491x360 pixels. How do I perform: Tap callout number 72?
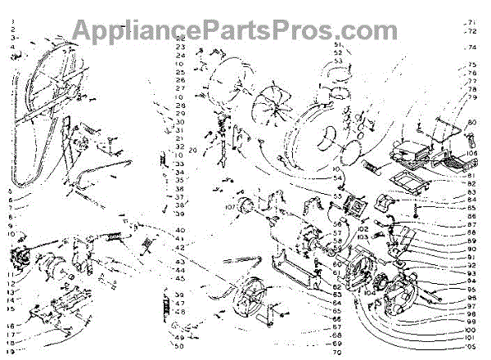tap(470, 31)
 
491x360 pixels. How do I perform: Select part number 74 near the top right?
tap(471, 47)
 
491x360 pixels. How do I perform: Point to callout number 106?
tap(472, 153)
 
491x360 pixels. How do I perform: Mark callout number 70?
tap(336, 353)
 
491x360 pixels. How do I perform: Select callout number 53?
tap(337, 61)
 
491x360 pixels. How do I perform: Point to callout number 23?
tap(180, 47)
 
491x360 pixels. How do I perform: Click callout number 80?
tap(471, 123)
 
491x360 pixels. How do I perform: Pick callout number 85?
tap(471, 209)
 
